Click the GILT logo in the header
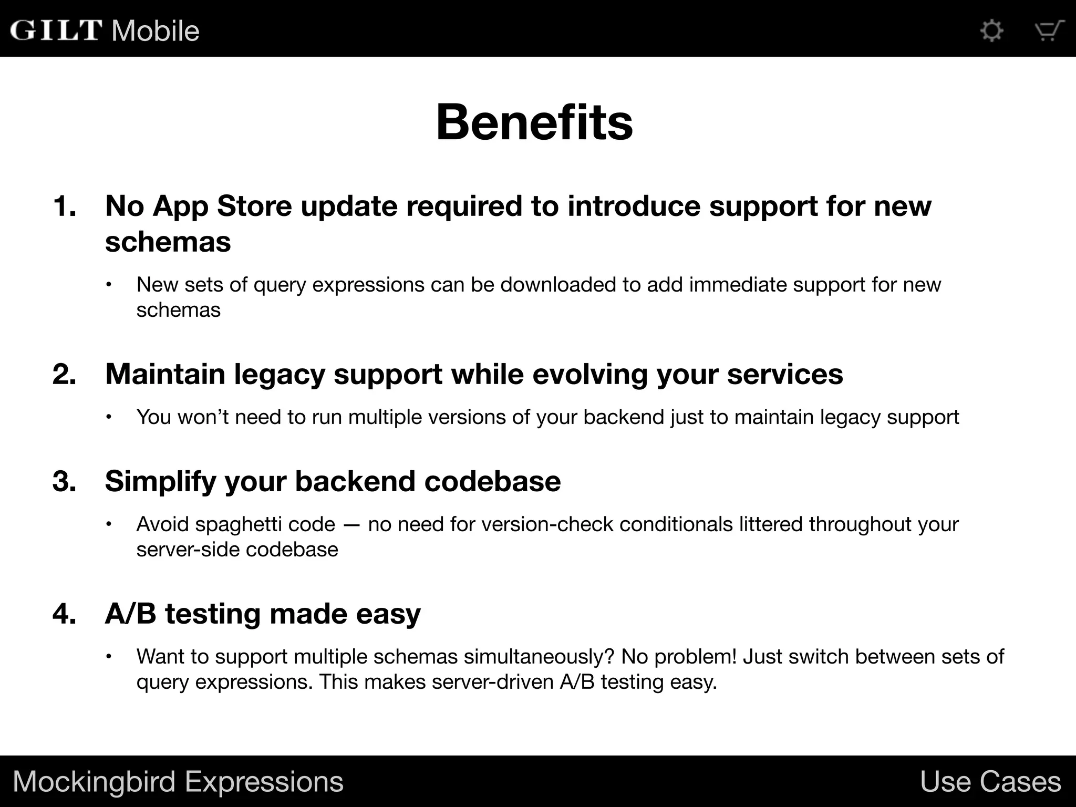coord(56,30)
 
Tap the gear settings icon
coord(992,30)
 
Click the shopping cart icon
coord(1049,30)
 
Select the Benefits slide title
coord(534,122)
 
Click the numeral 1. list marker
coord(65,206)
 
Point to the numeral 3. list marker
coord(65,481)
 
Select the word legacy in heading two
coord(279,375)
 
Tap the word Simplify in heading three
coord(160,482)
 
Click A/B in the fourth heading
coord(130,614)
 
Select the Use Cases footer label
coord(990,782)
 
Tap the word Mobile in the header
coord(156,30)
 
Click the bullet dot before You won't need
coord(109,417)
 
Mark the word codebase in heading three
coord(492,481)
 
